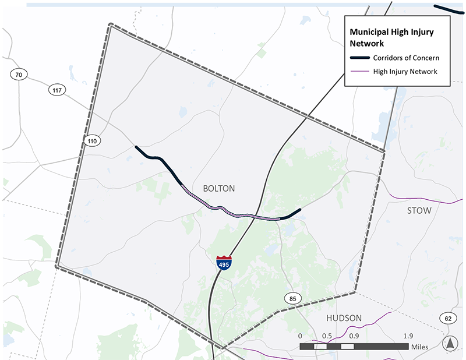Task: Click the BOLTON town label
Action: pyautogui.click(x=218, y=189)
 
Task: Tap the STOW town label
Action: pyautogui.click(x=419, y=210)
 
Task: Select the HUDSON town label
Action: pyautogui.click(x=344, y=318)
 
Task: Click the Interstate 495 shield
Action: pyautogui.click(x=224, y=262)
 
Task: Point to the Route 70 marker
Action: pyautogui.click(x=18, y=75)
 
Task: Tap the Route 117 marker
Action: pyautogui.click(x=57, y=90)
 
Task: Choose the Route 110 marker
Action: pyautogui.click(x=91, y=141)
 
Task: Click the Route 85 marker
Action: pyautogui.click(x=292, y=299)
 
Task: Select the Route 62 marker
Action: pyautogui.click(x=447, y=318)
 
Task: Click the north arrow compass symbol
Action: pyautogui.click(x=450, y=344)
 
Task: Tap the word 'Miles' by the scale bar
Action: pyautogui.click(x=419, y=347)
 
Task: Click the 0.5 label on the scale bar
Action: pyautogui.click(x=326, y=336)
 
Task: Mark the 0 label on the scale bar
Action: pyautogui.click(x=300, y=336)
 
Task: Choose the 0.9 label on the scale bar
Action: pyautogui.click(x=354, y=336)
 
